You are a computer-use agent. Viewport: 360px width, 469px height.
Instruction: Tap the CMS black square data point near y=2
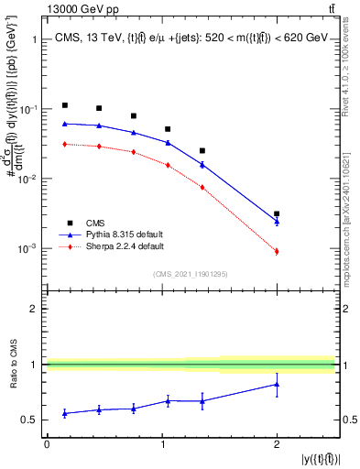pyautogui.click(x=277, y=213)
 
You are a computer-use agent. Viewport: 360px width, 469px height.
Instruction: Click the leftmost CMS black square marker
pyautogui.click(x=65, y=105)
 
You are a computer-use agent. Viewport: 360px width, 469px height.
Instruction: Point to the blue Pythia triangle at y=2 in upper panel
pyautogui.click(x=277, y=221)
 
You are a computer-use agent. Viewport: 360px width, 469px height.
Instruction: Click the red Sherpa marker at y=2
pyautogui.click(x=277, y=251)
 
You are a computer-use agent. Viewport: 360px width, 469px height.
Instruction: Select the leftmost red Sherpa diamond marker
pyautogui.click(x=65, y=144)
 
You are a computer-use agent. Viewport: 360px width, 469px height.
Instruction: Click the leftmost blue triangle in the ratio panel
pyautogui.click(x=65, y=413)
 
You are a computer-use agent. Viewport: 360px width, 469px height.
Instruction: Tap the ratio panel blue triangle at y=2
pyautogui.click(x=277, y=385)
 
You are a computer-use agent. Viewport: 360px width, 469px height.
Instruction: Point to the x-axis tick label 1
pyautogui.click(x=162, y=443)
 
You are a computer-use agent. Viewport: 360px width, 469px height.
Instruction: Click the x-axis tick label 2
pyautogui.click(x=277, y=443)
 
